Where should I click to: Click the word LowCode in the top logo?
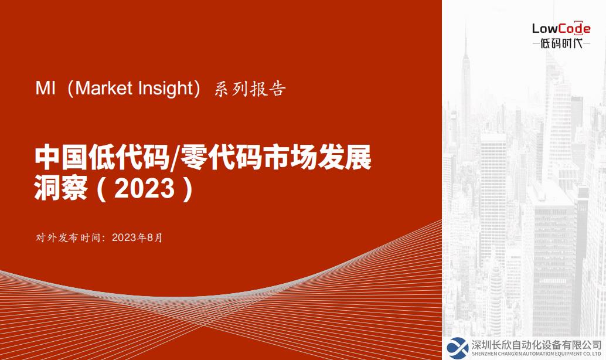(x=561, y=29)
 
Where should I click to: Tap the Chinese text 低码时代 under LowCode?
(x=561, y=43)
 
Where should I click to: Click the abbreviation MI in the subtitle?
(x=45, y=88)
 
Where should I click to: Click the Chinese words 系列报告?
(x=250, y=89)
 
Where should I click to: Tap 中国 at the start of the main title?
(x=61, y=157)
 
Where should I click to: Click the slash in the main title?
(x=175, y=158)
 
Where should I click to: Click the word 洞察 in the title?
(x=61, y=188)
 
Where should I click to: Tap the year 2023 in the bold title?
(x=145, y=188)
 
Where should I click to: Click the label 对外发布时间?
(x=69, y=237)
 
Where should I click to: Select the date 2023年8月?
(x=137, y=237)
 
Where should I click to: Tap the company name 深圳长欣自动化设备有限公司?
(x=537, y=345)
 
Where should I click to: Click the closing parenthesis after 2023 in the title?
(x=188, y=189)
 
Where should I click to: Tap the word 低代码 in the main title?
(x=129, y=157)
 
